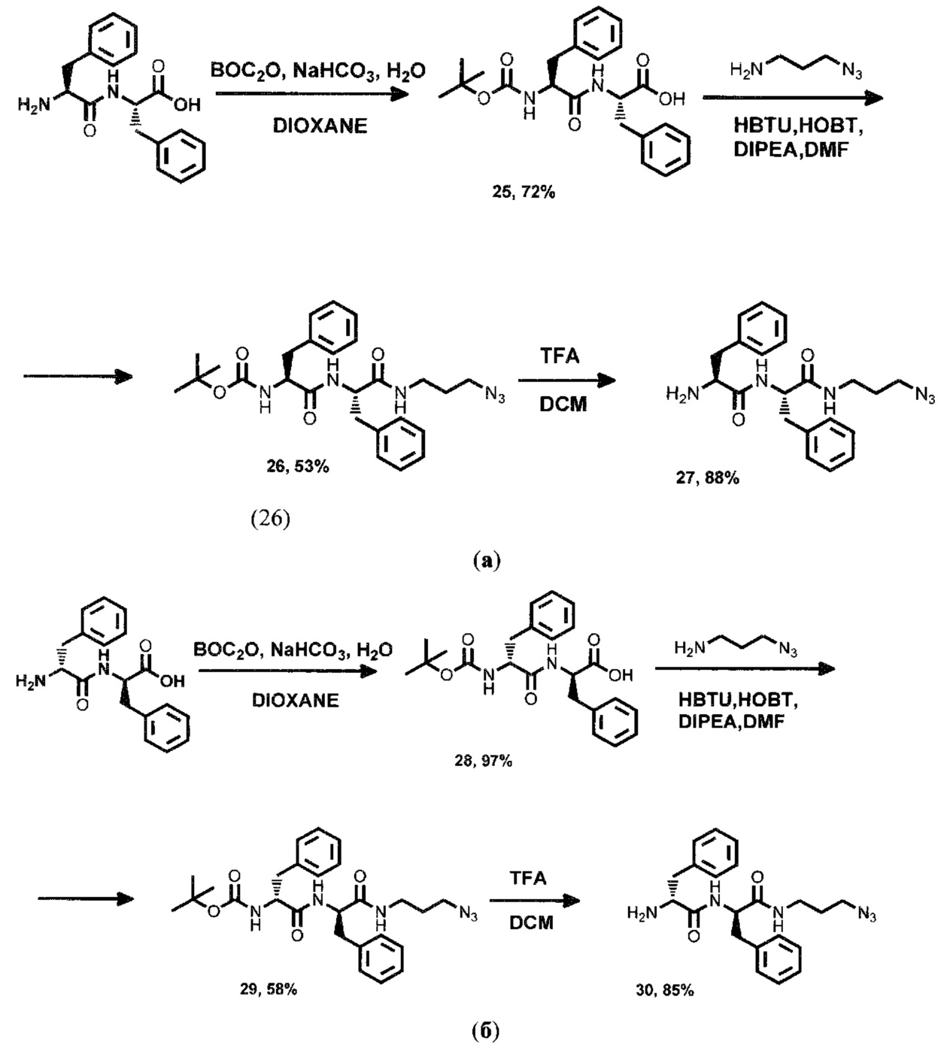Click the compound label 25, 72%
click(x=520, y=193)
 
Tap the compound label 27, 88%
click(x=707, y=477)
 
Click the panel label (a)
click(x=485, y=560)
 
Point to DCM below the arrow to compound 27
click(x=560, y=404)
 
